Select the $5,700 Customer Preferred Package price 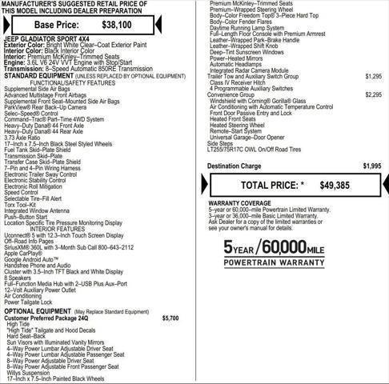pyautogui.click(x=170, y=318)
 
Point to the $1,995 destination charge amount pyautogui.click(x=371, y=166)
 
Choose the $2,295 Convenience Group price pyautogui.click(x=372, y=117)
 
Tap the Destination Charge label pyautogui.click(x=234, y=166)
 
